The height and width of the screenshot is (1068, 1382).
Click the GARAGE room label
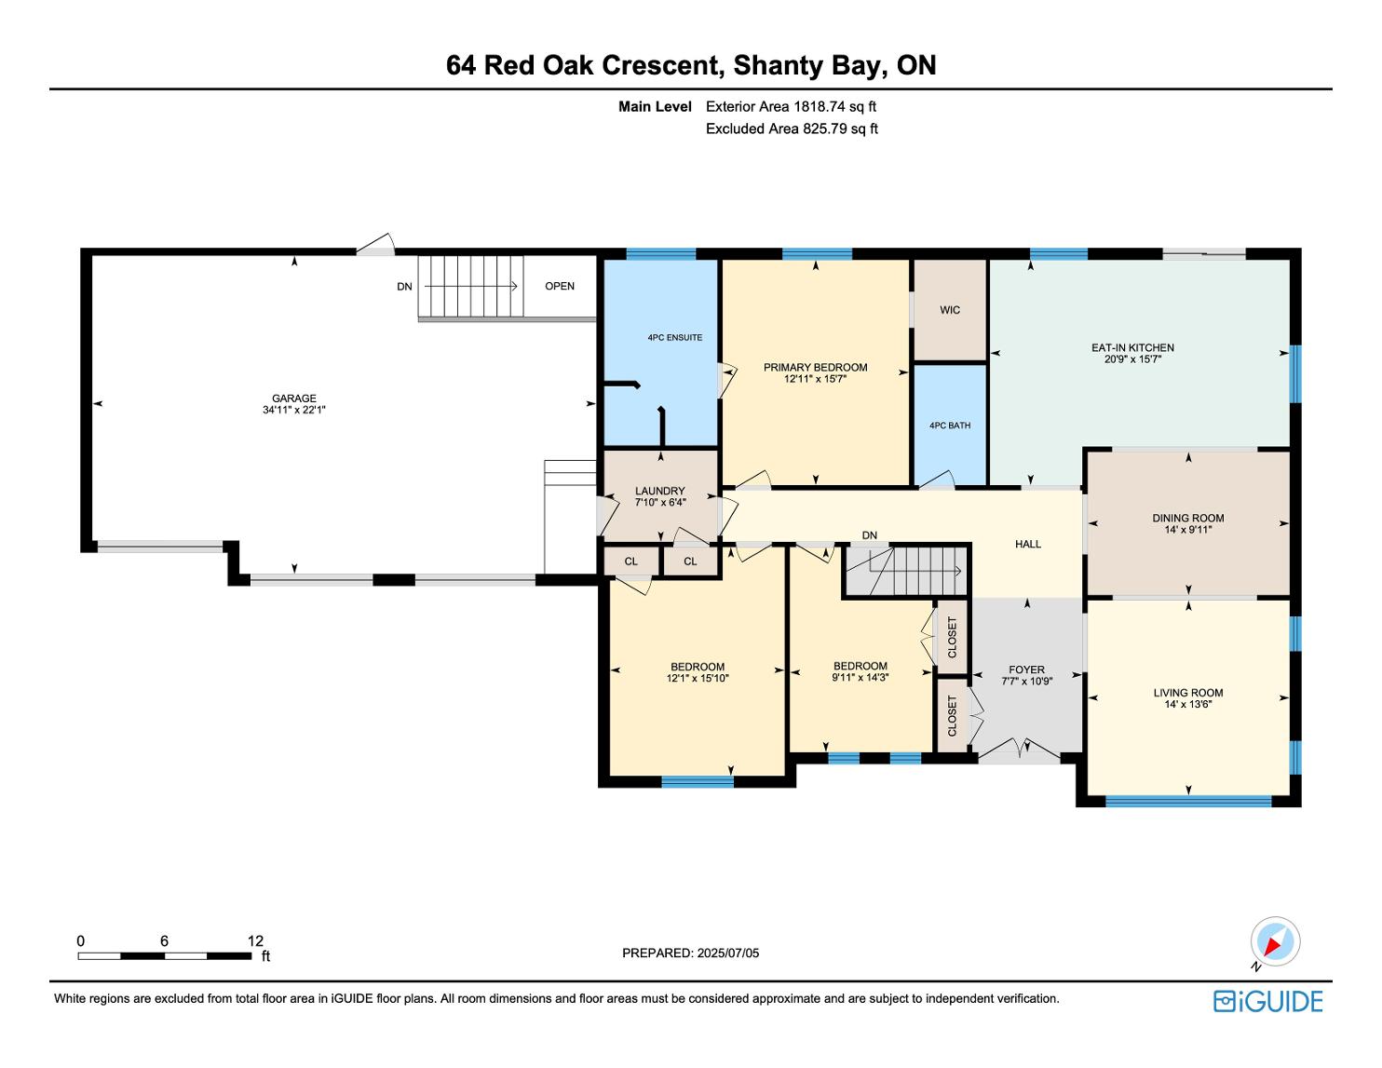point(294,399)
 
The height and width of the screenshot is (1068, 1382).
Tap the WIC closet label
point(950,310)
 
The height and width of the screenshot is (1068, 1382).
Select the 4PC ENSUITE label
point(675,338)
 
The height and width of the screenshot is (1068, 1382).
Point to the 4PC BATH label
point(950,426)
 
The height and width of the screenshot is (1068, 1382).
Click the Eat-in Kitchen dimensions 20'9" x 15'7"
point(1132,359)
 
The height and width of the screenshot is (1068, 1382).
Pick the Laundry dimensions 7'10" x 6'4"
point(660,502)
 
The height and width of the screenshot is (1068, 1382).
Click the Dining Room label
point(1188,518)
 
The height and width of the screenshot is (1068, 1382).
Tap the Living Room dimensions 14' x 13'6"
point(1188,704)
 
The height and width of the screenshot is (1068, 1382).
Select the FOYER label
point(1026,669)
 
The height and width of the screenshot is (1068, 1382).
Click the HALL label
point(1028,544)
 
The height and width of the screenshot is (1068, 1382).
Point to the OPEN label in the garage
point(560,286)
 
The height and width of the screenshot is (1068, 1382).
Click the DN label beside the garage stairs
point(404,287)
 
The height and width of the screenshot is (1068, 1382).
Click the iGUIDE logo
point(1267,1001)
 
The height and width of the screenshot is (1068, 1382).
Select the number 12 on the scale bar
point(255,940)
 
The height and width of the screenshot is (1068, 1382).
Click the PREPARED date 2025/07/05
point(727,953)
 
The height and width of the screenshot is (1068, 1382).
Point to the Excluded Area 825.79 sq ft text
point(792,129)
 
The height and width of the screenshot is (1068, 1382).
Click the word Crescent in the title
point(663,65)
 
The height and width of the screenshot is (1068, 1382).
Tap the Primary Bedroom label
point(816,368)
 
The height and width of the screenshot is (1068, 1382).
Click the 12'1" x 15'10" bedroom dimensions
point(697,678)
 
